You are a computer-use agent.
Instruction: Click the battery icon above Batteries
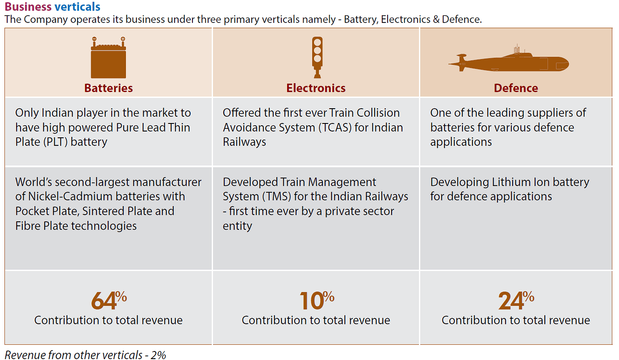click(x=109, y=58)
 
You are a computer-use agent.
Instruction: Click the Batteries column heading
click(x=109, y=88)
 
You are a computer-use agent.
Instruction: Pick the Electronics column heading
click(x=316, y=88)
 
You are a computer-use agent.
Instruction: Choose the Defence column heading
click(x=516, y=88)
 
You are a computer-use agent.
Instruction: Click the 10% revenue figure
click(x=316, y=300)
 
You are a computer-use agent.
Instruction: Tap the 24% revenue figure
click(x=516, y=300)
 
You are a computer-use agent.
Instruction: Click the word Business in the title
click(x=28, y=7)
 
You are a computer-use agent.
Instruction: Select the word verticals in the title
click(x=77, y=7)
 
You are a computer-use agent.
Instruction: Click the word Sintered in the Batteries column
click(x=97, y=211)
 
